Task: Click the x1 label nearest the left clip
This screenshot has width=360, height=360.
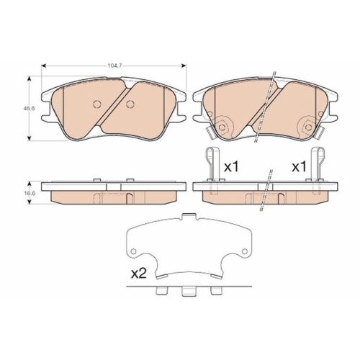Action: [230, 167]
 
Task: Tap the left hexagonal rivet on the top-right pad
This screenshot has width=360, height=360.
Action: [223, 128]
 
